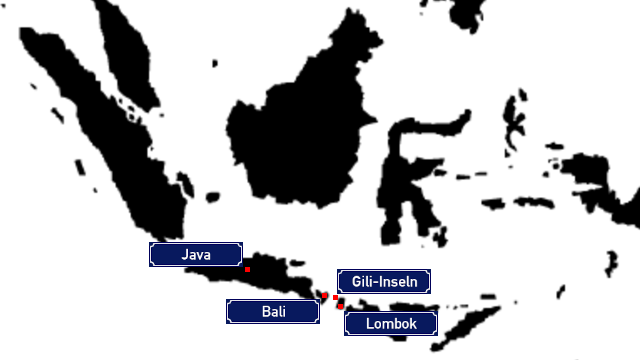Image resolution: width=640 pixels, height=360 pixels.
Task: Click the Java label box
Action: coord(196,255)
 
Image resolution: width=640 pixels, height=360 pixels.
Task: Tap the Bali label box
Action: coord(273,311)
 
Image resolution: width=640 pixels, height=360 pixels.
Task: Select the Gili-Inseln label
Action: coord(384,281)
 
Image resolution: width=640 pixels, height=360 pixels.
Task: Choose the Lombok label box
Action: coord(391,324)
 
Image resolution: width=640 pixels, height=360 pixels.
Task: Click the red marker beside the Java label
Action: coord(247,269)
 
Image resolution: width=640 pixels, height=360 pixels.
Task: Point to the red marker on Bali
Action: coord(324,296)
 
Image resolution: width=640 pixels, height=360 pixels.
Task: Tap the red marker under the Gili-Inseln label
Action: coord(336,298)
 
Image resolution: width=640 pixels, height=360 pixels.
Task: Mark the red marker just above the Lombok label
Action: coord(340,306)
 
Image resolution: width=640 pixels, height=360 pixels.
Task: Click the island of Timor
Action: coord(465,327)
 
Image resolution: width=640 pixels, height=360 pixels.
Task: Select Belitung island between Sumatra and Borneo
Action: coord(213,198)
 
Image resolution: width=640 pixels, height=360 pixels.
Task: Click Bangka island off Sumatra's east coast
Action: coord(186,184)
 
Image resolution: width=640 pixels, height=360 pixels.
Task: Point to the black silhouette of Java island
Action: coord(261,273)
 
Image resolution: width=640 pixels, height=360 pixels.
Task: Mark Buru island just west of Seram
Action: coord(492,203)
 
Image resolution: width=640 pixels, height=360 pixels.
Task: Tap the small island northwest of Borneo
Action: coord(215,63)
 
